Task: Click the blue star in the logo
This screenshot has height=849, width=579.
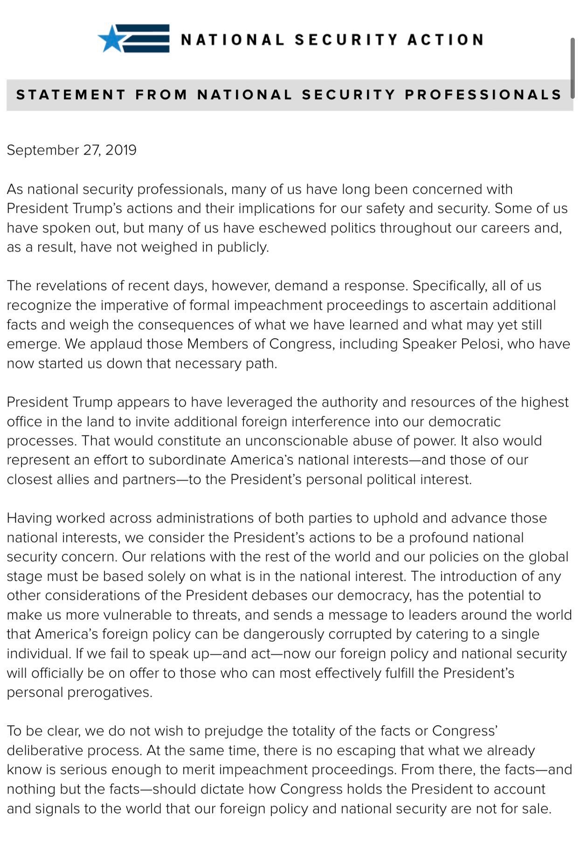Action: tap(111, 39)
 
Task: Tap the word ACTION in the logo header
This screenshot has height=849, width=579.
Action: tap(445, 40)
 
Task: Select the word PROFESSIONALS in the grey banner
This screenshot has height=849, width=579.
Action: tap(483, 95)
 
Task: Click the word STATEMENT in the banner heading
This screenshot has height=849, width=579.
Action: tap(71, 95)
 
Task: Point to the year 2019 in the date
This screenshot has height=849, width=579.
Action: tap(121, 150)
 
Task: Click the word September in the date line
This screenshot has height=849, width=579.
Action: tap(43, 150)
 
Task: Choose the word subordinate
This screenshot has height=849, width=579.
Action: tap(187, 460)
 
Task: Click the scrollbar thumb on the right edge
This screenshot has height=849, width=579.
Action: tap(572, 68)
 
